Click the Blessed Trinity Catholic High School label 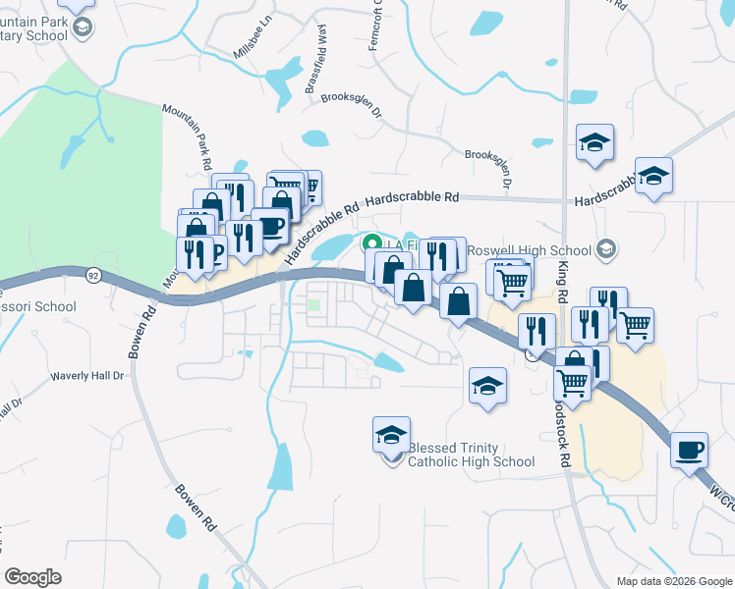click(471, 454)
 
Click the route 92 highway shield click(92, 275)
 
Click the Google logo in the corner click(33, 577)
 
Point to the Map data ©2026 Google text click(673, 581)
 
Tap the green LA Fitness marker click(371, 243)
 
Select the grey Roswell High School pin click(607, 247)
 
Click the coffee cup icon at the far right click(689, 449)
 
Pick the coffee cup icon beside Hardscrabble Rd click(269, 227)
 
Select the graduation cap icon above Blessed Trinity click(391, 433)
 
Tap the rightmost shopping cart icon click(635, 323)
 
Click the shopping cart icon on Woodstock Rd click(572, 380)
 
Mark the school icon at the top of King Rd click(594, 142)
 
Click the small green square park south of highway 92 click(313, 304)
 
